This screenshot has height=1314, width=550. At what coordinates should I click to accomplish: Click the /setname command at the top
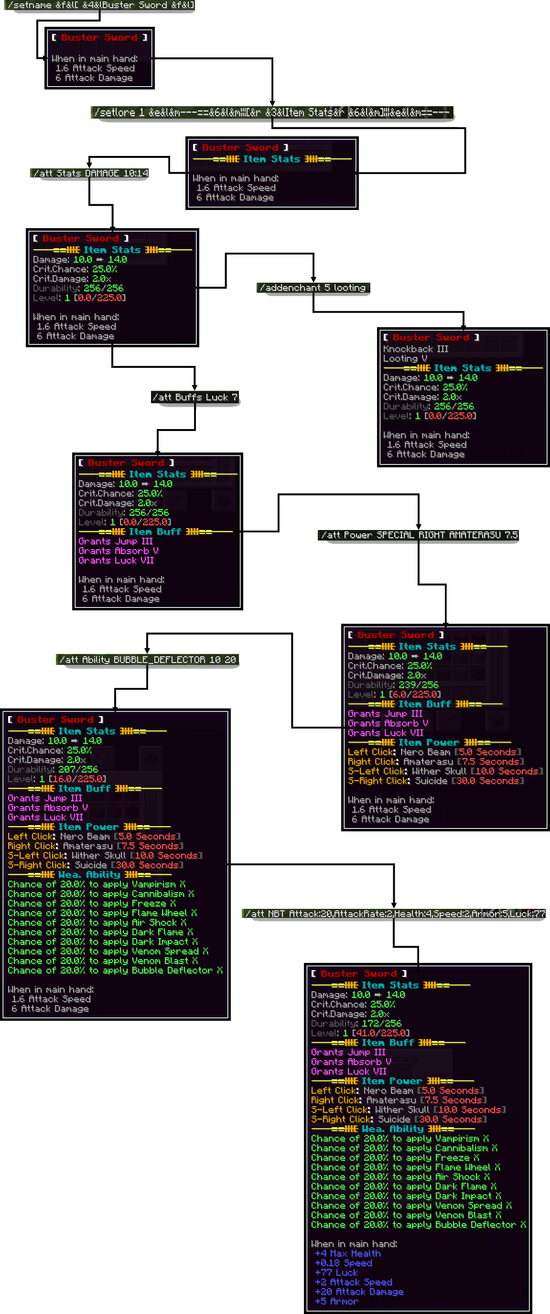[x=100, y=6]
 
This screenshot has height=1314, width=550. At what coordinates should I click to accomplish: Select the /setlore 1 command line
[x=272, y=112]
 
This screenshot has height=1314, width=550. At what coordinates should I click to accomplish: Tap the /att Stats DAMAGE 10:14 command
[x=90, y=174]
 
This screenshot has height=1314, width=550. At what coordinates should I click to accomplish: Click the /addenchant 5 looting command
[x=313, y=287]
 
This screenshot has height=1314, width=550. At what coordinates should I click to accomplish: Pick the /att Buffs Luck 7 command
[x=194, y=398]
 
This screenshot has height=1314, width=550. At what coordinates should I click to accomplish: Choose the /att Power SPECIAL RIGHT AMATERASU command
[x=419, y=535]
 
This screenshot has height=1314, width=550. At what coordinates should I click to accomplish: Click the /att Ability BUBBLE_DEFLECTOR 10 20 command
[x=147, y=660]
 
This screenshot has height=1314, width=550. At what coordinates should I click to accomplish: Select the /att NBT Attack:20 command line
[x=394, y=914]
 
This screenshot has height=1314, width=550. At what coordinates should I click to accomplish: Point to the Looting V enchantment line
[x=405, y=359]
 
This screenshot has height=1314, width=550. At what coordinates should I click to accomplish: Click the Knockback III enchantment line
[x=415, y=349]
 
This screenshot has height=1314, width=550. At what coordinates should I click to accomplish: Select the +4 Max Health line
[x=348, y=1253]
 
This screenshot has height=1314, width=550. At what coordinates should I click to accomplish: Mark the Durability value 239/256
[x=418, y=685]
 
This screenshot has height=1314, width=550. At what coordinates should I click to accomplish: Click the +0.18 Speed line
[x=344, y=1263]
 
